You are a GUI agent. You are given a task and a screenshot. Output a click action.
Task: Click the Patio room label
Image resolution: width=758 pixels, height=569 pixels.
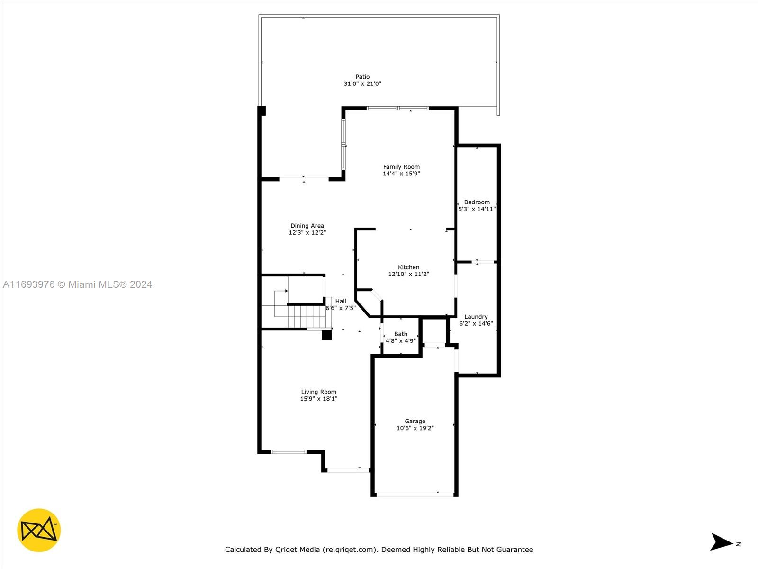[x=362, y=77]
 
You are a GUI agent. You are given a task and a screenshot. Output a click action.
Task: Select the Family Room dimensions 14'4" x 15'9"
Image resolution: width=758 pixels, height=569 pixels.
[x=401, y=174]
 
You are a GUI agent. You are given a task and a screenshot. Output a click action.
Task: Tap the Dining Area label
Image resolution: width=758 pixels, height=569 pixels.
[x=307, y=226]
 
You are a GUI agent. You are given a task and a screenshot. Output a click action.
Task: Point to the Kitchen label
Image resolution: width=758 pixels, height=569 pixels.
[x=408, y=267]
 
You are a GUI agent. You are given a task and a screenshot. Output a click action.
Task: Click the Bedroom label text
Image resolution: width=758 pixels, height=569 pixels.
[x=477, y=202]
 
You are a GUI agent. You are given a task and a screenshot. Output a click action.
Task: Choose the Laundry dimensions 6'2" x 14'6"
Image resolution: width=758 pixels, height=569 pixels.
[x=476, y=323]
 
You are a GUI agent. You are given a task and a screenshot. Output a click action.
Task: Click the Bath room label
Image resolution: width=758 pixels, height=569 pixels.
[x=401, y=334]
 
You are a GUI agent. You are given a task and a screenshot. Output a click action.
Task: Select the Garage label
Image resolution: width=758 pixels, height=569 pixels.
[x=415, y=421]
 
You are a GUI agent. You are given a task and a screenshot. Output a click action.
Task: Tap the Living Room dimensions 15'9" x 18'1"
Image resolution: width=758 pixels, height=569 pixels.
[x=318, y=398]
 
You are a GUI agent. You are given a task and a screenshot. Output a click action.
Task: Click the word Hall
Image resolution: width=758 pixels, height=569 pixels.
[x=341, y=301]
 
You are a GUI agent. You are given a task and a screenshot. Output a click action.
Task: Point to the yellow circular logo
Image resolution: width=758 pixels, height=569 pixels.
[x=39, y=530]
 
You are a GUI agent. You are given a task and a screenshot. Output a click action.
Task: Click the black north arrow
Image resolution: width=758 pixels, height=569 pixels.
[x=721, y=542]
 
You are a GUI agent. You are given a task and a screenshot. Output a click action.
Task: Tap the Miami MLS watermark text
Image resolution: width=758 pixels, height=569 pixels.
[x=77, y=284]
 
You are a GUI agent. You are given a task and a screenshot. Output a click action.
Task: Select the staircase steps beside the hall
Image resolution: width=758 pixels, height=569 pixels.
[x=307, y=317]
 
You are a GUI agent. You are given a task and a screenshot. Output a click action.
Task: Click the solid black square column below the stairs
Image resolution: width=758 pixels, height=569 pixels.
[x=327, y=335]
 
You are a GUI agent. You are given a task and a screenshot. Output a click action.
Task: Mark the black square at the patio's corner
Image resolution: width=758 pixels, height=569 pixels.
[x=262, y=110]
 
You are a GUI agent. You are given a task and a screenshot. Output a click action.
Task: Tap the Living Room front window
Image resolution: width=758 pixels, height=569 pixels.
[x=289, y=452]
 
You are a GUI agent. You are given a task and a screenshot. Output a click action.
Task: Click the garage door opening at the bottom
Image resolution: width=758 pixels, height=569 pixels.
[x=415, y=495]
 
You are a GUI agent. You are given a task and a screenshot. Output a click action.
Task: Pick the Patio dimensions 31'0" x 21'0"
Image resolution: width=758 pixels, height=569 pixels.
[x=362, y=83]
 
